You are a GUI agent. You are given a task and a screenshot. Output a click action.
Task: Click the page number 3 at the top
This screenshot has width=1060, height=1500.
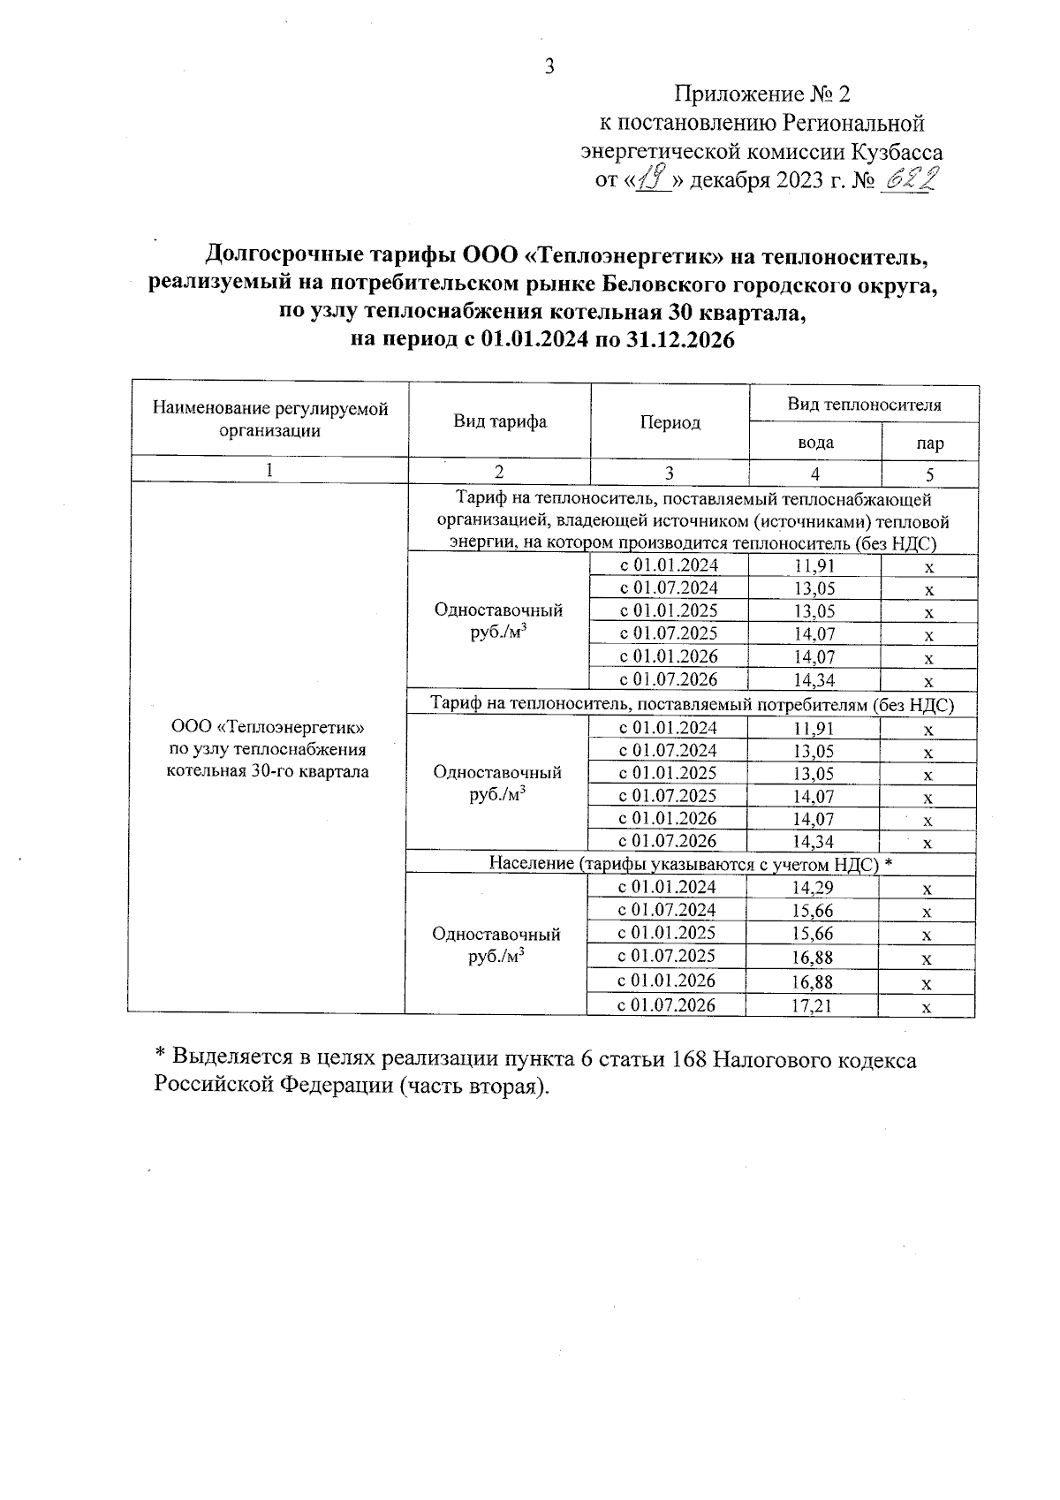point(549,66)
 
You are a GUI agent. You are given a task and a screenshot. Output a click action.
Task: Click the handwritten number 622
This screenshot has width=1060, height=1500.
point(909,181)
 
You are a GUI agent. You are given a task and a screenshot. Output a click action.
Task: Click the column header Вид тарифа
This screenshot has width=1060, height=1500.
point(500,421)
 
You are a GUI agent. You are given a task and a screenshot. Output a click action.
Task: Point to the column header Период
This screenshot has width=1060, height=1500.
point(670,422)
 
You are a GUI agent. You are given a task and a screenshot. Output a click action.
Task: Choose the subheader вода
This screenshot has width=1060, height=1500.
point(814,443)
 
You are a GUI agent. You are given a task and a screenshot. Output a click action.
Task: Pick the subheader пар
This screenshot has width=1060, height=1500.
point(930,443)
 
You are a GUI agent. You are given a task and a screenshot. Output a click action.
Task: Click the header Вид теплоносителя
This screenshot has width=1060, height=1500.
point(864,405)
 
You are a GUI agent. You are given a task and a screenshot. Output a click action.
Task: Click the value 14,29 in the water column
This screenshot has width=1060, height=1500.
point(813,889)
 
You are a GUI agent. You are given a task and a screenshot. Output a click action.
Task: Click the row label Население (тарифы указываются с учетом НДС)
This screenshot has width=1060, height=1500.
point(691,864)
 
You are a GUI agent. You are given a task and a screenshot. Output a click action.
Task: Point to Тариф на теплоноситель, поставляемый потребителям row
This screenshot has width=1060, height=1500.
point(691,704)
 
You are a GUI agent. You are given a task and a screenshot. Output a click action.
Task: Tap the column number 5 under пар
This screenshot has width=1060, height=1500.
point(930,472)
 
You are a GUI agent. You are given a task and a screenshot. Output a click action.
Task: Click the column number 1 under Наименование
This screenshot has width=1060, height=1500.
point(270,470)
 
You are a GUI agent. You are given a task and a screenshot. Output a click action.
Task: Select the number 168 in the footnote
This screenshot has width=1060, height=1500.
point(689,1060)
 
